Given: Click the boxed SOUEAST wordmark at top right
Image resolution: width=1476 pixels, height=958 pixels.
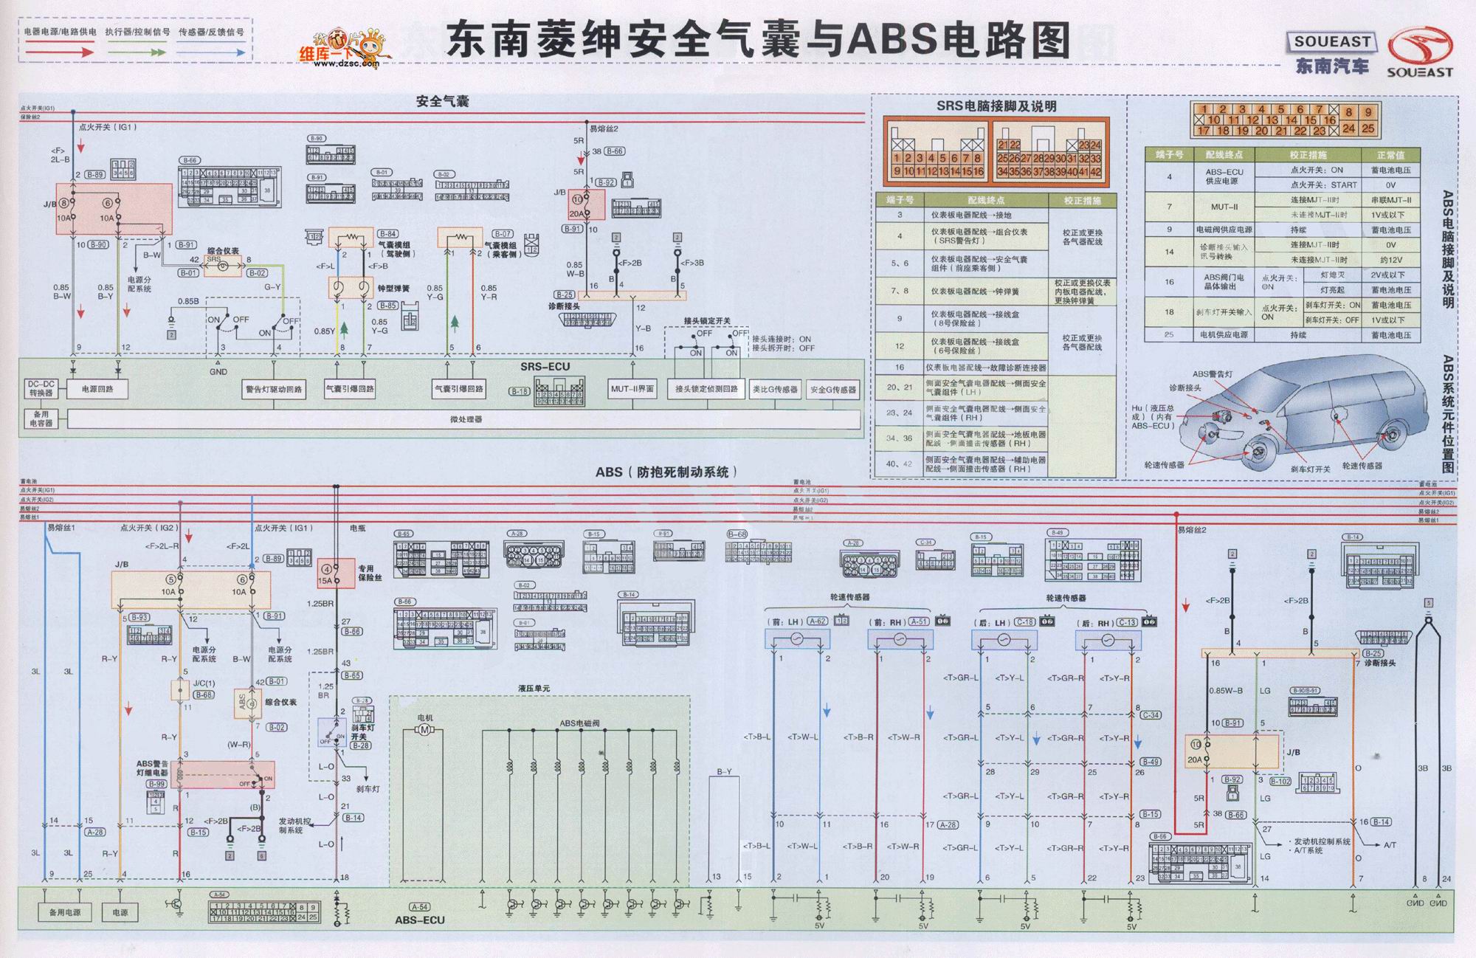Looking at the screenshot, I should coord(1331,42).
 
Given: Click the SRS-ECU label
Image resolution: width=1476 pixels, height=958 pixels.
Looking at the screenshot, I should coord(545,367).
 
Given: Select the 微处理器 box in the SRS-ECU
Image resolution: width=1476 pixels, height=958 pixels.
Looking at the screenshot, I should coord(465,419).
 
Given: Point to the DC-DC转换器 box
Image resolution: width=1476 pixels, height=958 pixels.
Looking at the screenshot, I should coord(41,389).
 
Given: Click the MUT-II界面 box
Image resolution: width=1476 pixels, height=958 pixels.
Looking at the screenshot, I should coord(632,389).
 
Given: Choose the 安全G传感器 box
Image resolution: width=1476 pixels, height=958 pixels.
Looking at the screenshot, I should coord(833,390).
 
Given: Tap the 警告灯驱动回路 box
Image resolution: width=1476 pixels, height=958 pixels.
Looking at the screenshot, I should coord(274,389).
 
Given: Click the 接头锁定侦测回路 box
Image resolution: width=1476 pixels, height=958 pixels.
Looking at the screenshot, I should coord(706,389).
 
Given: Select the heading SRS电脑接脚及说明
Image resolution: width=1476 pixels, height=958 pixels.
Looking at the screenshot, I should coord(996,106).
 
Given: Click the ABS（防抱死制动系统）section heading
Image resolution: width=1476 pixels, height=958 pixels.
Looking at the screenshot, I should coord(666,472).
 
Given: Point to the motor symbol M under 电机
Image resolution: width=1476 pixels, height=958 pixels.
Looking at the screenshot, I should coord(424,730).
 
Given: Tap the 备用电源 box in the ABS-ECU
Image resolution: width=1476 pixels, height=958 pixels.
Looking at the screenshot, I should coord(65,912).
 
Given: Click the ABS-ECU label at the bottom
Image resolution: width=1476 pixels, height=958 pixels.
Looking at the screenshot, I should coord(419,920).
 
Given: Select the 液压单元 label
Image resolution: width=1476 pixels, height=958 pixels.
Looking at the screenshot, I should coord(534,689).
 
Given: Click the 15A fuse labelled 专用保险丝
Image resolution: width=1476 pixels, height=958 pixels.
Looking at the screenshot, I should coord(327,574).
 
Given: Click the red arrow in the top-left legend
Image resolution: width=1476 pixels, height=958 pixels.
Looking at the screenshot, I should coord(59,52).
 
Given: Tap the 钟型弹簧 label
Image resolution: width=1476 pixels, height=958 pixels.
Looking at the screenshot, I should coord(393,289).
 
